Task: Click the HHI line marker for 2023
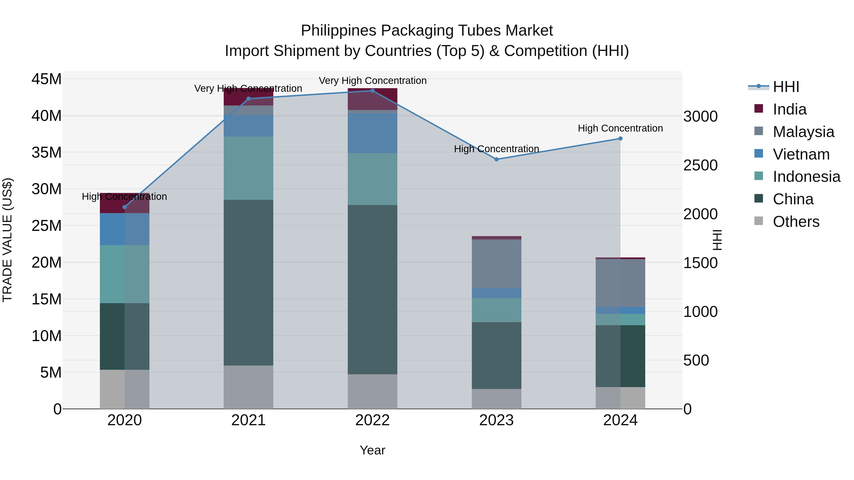496,159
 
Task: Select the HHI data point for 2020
125,207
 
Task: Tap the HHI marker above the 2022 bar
372,91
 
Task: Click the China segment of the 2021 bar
248,282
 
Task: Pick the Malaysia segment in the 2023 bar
496,264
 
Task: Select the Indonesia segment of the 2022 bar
372,179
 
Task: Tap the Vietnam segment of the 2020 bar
125,229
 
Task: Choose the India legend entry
789,109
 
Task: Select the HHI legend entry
786,87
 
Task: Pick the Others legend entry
796,222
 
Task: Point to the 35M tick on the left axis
46,153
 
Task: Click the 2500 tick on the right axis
700,165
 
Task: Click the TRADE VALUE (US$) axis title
7,240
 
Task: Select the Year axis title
372,450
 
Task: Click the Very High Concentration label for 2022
372,81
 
